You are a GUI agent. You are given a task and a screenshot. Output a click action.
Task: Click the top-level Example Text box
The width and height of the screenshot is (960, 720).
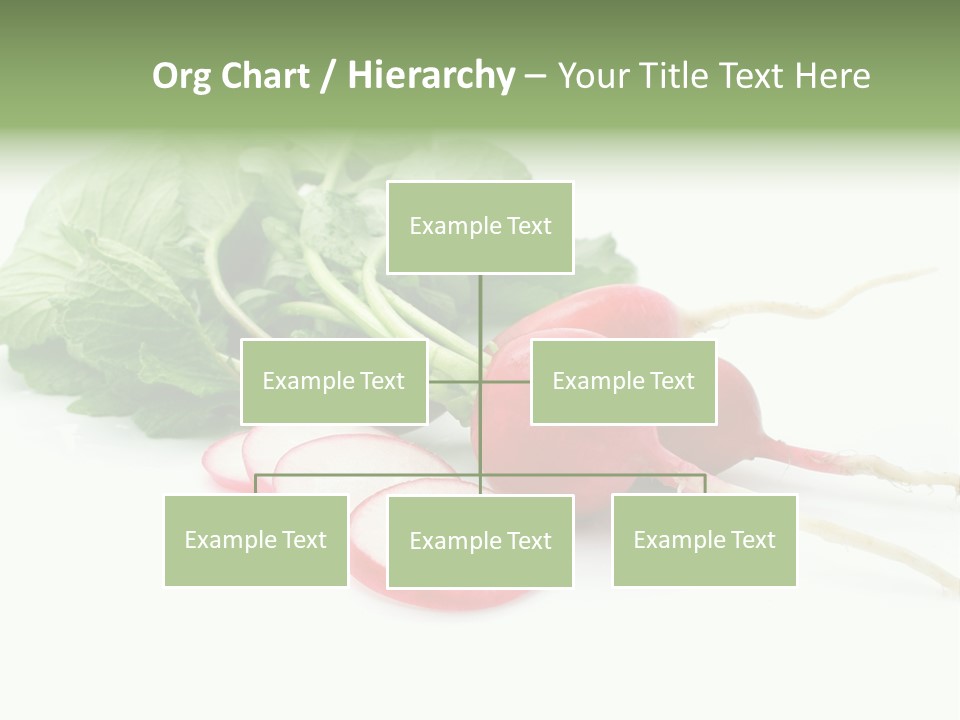tap(480, 227)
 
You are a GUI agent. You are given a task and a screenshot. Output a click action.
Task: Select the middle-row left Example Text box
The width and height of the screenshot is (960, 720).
tap(334, 381)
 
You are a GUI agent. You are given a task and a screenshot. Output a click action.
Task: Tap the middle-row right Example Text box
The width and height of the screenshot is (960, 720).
tap(623, 381)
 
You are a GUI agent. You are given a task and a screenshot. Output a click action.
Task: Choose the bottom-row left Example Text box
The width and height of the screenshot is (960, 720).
tap(256, 540)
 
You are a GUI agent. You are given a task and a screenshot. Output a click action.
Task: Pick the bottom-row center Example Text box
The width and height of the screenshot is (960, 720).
tap(480, 541)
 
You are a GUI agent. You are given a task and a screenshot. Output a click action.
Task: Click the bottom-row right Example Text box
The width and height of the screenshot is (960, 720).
tap(704, 540)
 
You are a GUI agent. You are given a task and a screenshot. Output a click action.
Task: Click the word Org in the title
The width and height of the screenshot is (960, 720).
tap(181, 76)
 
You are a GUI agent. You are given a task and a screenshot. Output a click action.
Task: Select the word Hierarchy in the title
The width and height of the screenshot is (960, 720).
tap(431, 76)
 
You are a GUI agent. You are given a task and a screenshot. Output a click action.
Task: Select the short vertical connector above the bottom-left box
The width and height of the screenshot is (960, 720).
tap(256, 484)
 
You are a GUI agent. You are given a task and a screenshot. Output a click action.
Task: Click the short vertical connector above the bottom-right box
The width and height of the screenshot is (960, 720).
tap(705, 484)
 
